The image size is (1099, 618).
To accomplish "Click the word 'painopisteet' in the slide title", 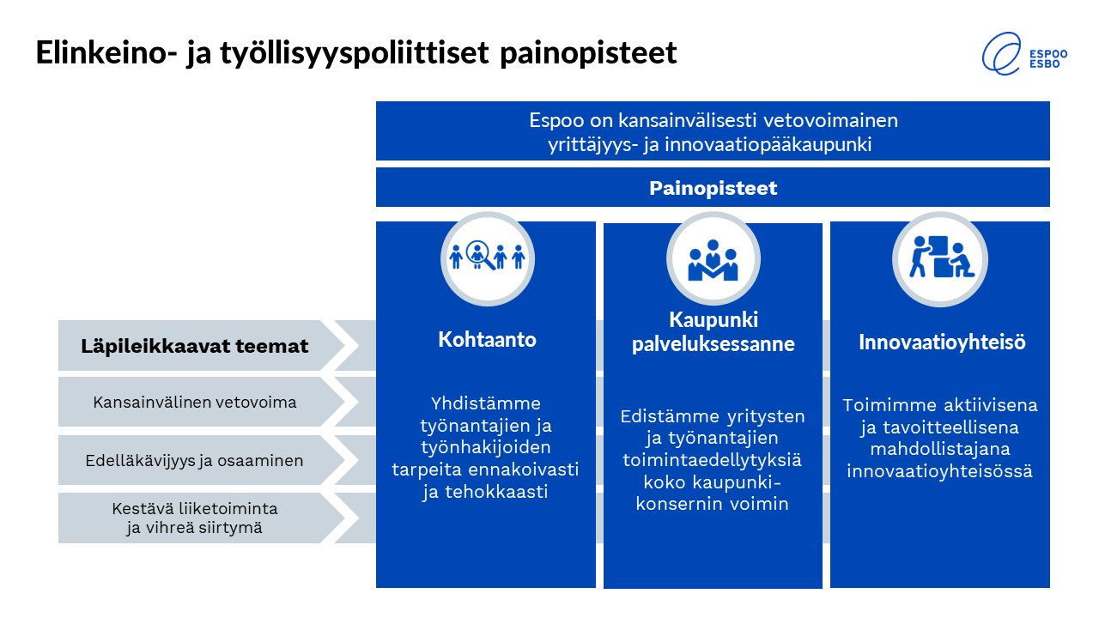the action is coord(588,53).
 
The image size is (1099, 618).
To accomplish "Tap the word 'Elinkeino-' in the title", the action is coord(106,52).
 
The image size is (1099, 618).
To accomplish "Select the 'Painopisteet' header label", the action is coord(713,188).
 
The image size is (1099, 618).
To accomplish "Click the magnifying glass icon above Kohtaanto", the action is coord(480,255).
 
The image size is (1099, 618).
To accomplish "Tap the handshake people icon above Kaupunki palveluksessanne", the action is coord(713,260).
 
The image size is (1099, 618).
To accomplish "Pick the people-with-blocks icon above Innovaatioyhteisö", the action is coord(940,257).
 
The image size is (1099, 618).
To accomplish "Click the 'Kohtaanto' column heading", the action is coord(487,339).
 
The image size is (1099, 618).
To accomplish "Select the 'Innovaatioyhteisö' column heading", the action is coord(942,342).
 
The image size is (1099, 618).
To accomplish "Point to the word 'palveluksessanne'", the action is coord(713,344).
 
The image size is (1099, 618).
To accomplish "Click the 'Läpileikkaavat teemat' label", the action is coord(194,346).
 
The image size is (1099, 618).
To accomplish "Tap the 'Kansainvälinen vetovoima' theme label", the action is coord(194,403).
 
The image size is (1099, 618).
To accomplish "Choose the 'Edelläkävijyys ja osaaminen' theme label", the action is coord(194,461).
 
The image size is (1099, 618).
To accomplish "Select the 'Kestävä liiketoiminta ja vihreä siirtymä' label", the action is coord(194,518).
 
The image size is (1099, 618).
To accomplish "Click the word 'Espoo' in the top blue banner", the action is coord(556,121).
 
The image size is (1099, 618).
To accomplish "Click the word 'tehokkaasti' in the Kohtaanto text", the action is coord(496,492).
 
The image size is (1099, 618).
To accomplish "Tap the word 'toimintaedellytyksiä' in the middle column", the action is coord(713,460).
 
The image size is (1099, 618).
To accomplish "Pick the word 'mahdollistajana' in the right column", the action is coord(940,449).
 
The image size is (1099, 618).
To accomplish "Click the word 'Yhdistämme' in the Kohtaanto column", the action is coord(486,403).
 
